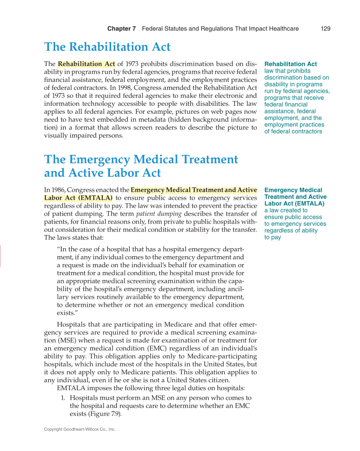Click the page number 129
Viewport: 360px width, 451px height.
pyautogui.click(x=326, y=29)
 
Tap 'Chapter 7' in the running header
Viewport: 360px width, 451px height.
pyautogui.click(x=121, y=29)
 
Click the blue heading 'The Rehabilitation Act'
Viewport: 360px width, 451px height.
pyautogui.click(x=107, y=47)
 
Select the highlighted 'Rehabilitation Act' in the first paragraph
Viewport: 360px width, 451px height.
pyautogui.click(x=86, y=64)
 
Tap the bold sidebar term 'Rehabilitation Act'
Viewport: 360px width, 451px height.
pyautogui.click(x=290, y=64)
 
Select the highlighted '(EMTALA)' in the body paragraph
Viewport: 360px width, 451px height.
pyautogui.click(x=96, y=198)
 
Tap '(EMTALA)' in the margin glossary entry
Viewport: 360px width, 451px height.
pyautogui.click(x=309, y=204)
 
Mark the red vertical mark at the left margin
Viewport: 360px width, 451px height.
pyautogui.click(x=0, y=256)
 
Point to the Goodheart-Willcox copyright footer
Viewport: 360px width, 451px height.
pyautogui.click(x=79, y=429)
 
